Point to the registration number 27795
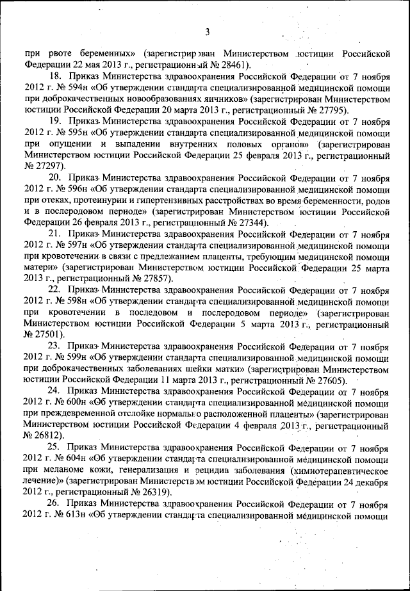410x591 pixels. click(x=333, y=110)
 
